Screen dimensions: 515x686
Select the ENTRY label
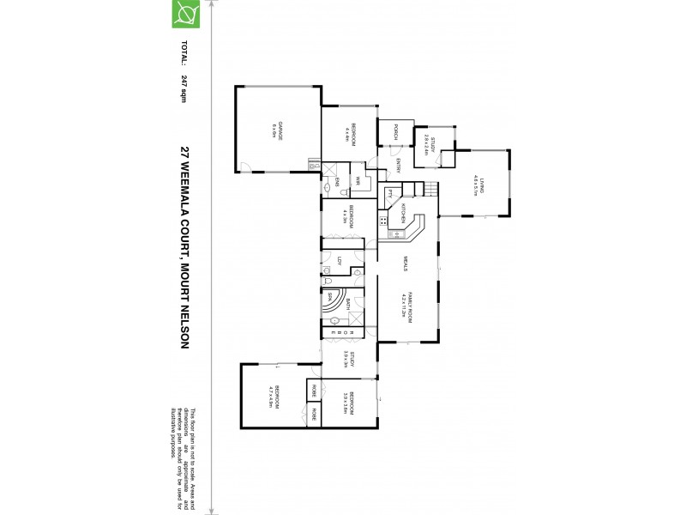(x=398, y=170)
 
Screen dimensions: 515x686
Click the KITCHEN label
(x=402, y=214)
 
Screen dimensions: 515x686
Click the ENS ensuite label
(x=338, y=181)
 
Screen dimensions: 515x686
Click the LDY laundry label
(x=340, y=262)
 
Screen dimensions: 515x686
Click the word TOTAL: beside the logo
(x=184, y=54)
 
